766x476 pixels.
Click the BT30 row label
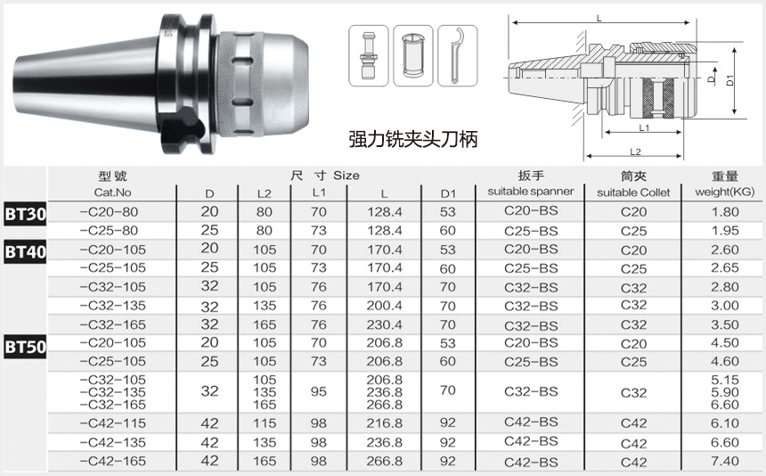26,214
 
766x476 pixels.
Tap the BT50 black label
26,347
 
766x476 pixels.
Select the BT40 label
26,251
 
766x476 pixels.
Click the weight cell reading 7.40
724,461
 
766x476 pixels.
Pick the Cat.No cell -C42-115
113,423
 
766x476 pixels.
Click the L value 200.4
385,306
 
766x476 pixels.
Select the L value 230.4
385,324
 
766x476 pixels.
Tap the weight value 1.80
724,211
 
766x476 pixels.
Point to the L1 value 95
319,391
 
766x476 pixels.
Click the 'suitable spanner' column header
531,191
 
